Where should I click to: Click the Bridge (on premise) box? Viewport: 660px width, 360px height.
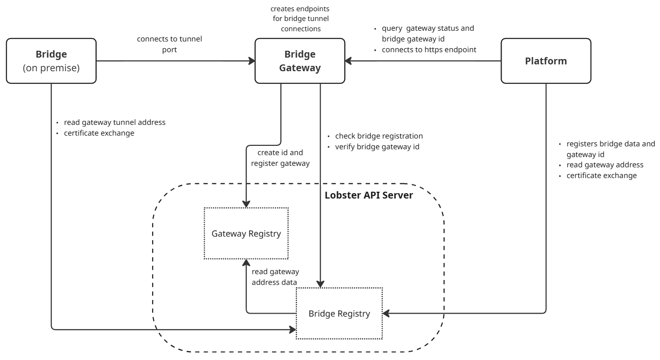tap(51, 61)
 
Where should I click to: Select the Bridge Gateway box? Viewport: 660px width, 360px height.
tap(300, 61)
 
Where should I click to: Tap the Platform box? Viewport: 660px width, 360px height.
tap(546, 61)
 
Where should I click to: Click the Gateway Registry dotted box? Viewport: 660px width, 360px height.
tap(246, 234)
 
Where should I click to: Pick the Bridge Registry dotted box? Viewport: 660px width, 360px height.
tap(339, 313)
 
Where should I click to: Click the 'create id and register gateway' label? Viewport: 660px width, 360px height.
tap(280, 159)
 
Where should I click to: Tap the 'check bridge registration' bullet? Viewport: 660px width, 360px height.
tap(379, 136)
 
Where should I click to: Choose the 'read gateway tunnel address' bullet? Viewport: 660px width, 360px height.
tap(115, 122)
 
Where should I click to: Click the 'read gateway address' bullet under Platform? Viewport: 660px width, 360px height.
tap(604, 165)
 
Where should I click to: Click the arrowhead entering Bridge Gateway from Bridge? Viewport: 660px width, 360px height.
tap(252, 61)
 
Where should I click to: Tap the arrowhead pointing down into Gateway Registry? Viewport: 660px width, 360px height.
tap(246, 204)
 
